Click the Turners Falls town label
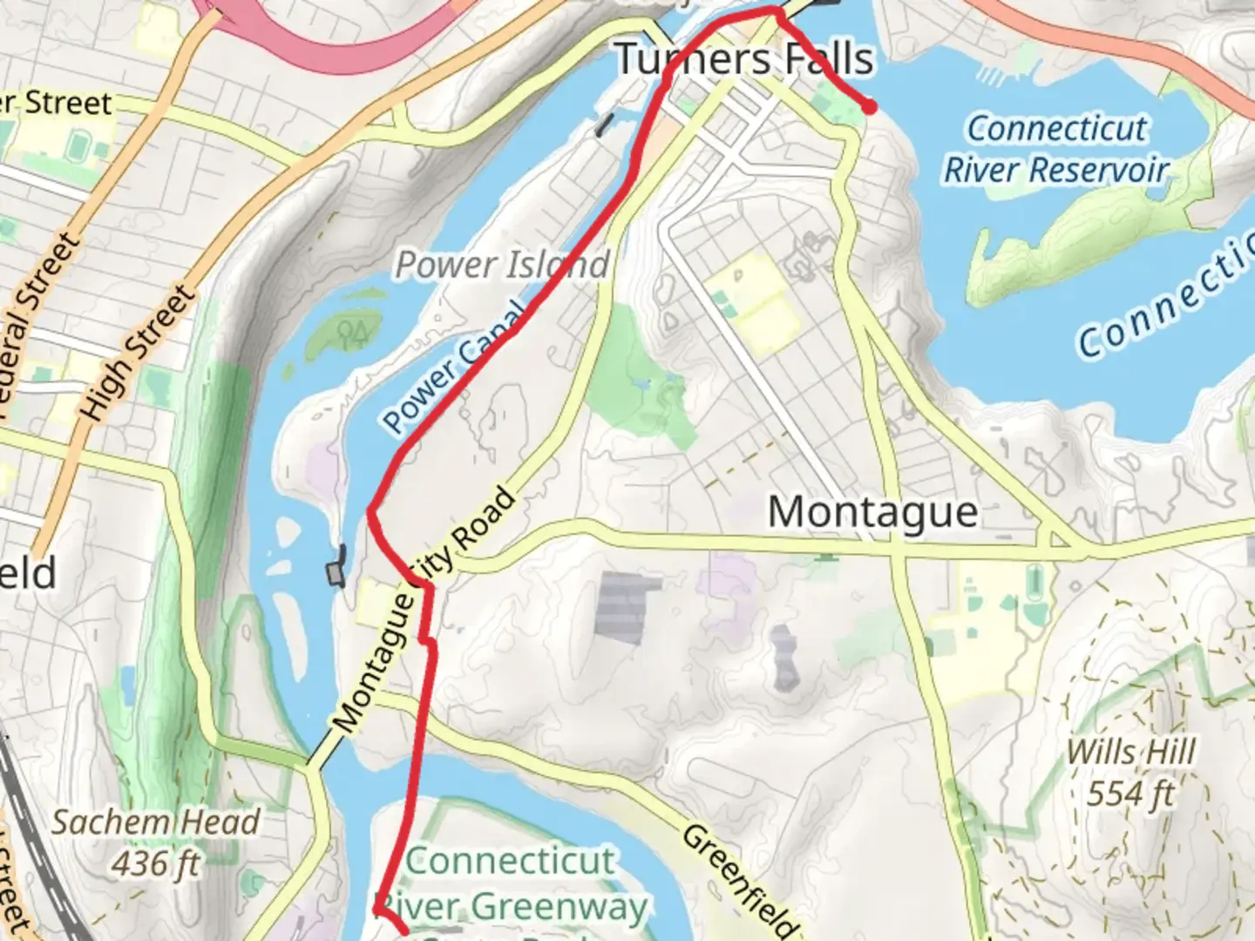point(743,59)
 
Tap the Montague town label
point(872,511)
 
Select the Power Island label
point(502,265)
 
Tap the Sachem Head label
point(155,822)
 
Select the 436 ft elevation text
point(155,863)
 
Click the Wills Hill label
point(1130,751)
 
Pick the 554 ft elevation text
point(1130,794)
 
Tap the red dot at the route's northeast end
point(869,106)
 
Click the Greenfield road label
point(739,880)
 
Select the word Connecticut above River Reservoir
point(1056,129)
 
